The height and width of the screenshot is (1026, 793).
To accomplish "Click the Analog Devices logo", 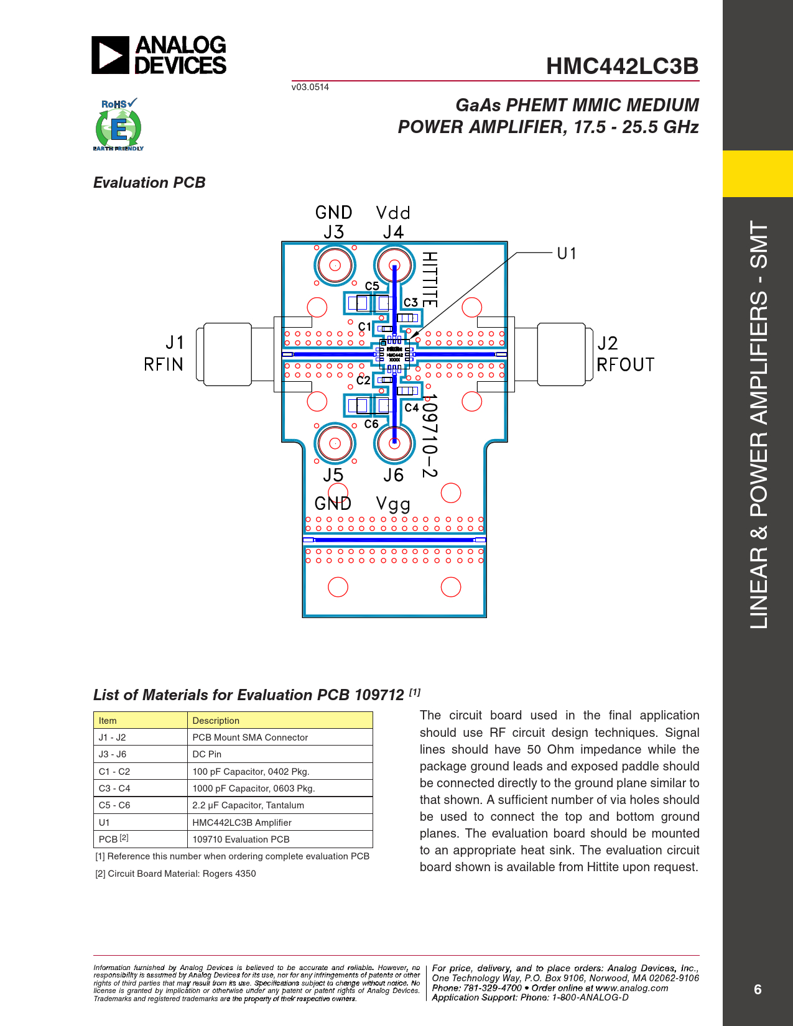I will click(x=159, y=55).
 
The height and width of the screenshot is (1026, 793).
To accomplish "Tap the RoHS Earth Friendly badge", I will click(x=118, y=124).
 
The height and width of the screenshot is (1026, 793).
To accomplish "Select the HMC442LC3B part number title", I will click(x=622, y=66).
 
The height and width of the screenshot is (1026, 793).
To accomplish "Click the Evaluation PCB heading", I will click(x=149, y=182).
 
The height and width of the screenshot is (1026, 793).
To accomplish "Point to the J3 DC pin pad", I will click(x=335, y=266).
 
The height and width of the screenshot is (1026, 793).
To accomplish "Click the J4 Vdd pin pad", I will click(x=394, y=266).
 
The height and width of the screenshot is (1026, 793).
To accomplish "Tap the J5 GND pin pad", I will click(x=335, y=443).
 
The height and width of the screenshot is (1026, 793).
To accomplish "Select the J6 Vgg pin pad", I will click(x=394, y=443).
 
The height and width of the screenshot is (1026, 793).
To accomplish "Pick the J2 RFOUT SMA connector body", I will click(x=561, y=353).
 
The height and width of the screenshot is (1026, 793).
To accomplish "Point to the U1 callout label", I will click(x=567, y=254).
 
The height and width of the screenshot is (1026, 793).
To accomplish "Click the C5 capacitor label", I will click(x=372, y=286).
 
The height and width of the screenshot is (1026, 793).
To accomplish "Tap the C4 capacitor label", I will click(x=411, y=408).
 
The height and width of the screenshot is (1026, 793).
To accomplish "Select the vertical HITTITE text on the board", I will click(x=430, y=279).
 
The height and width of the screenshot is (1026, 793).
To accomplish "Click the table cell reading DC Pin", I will click(x=207, y=754).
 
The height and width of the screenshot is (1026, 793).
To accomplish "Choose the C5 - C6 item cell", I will click(x=114, y=805).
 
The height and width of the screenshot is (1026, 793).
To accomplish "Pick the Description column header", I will click(x=216, y=721).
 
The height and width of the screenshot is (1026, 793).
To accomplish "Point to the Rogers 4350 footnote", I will click(x=175, y=874).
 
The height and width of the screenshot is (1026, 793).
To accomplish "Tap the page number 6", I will click(x=758, y=989).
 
